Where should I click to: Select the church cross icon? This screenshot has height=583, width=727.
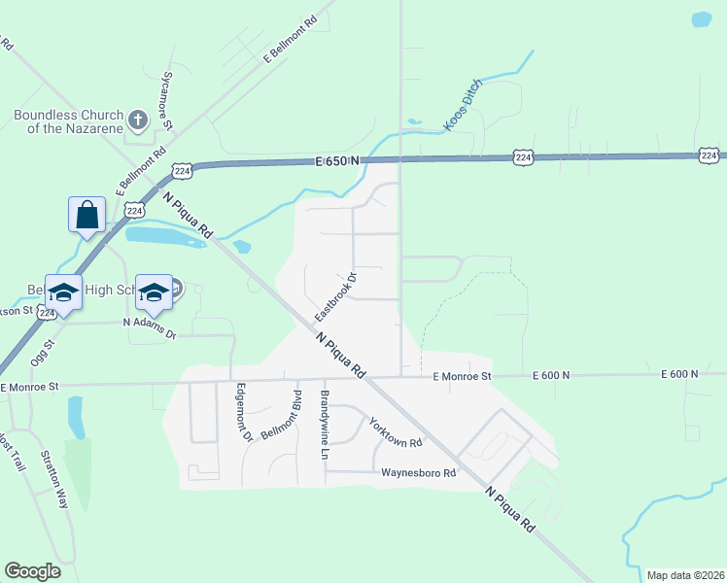click(138, 120)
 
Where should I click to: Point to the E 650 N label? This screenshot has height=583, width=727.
click(337, 160)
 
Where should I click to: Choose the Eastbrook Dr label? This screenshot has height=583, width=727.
click(336, 297)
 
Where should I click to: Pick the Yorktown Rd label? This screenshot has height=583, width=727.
click(394, 431)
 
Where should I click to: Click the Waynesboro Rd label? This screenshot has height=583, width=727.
click(418, 473)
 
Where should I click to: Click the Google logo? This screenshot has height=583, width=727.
click(32, 571)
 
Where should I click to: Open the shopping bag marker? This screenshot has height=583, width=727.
click(87, 215)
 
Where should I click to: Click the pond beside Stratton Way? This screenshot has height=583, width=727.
click(75, 417)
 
